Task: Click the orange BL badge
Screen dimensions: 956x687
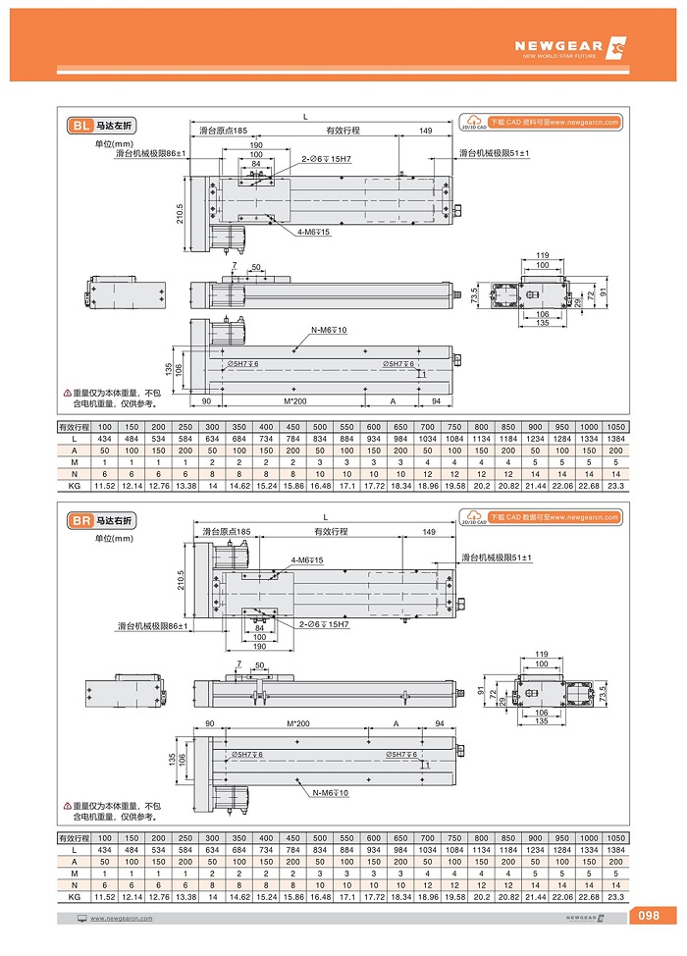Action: [80, 126]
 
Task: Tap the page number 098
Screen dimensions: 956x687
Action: [649, 916]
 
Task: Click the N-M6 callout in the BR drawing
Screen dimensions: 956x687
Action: [331, 791]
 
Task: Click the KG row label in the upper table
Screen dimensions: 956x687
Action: [74, 486]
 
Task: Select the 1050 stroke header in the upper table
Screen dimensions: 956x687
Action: [615, 427]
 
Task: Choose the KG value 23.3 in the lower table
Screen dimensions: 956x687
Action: [615, 898]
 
